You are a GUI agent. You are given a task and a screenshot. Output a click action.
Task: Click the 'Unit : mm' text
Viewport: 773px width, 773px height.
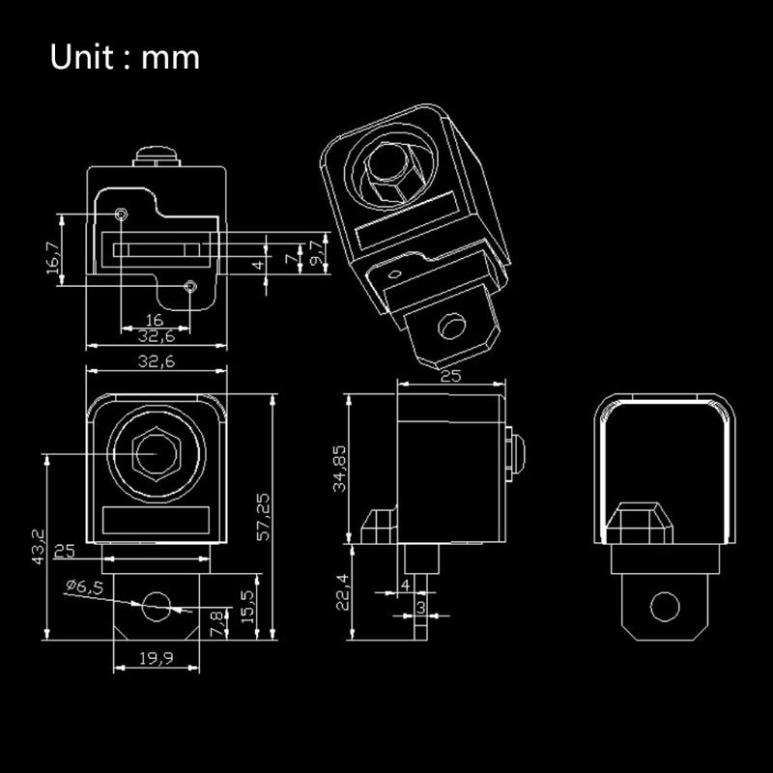(x=126, y=58)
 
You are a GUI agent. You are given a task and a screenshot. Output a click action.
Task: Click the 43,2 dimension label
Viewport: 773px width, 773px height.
(x=37, y=547)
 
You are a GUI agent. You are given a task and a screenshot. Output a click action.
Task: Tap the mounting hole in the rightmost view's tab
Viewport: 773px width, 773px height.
(x=665, y=607)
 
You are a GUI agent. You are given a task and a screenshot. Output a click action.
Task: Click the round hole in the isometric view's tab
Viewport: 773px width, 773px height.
(x=451, y=326)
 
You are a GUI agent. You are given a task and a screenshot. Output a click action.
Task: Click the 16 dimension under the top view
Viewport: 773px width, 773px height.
(x=154, y=321)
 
